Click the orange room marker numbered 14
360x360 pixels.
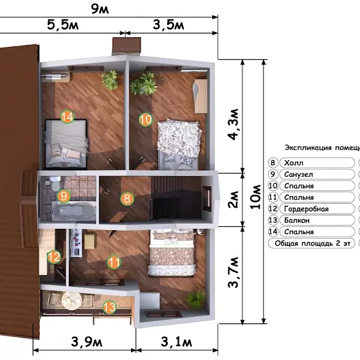[x=67, y=117]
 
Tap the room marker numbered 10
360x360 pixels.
[x=145, y=120]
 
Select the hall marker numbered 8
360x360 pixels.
[x=127, y=199]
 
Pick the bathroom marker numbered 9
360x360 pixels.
[x=64, y=196]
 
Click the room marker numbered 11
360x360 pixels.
[x=114, y=262]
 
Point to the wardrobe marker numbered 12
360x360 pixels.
[x=54, y=256]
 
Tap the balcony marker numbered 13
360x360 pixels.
[x=109, y=307]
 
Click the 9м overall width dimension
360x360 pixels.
[x=100, y=9]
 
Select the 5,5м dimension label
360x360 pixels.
[x=63, y=25]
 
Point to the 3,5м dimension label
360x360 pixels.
[x=168, y=25]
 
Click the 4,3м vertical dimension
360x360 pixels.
[x=233, y=124]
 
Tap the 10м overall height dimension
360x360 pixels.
[x=256, y=197]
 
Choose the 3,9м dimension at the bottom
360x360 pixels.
[x=87, y=341]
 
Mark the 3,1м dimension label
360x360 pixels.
[x=176, y=341]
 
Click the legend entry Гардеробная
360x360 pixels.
[x=306, y=209]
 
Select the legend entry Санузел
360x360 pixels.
[x=298, y=174]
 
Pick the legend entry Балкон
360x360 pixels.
[x=297, y=221]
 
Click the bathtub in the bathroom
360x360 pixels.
[x=74, y=211]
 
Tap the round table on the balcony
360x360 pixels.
[x=71, y=301]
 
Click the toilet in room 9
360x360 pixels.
[x=55, y=183]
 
